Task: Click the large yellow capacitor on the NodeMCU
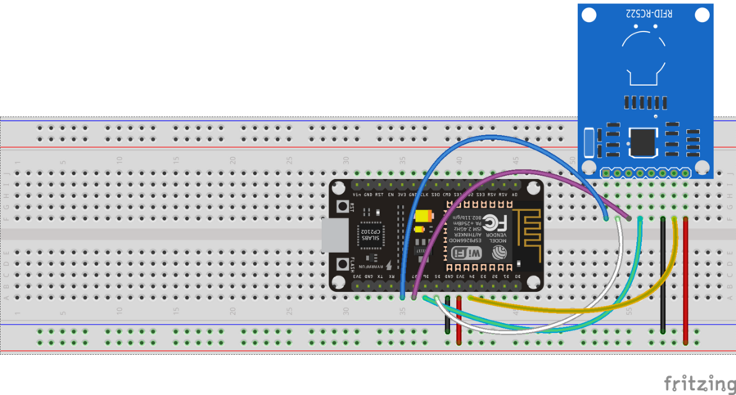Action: pyautogui.click(x=423, y=217)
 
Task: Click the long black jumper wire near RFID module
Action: pyautogui.click(x=662, y=274)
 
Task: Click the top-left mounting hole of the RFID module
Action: pyautogui.click(x=589, y=15)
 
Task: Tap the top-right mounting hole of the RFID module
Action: pyautogui.click(x=702, y=15)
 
